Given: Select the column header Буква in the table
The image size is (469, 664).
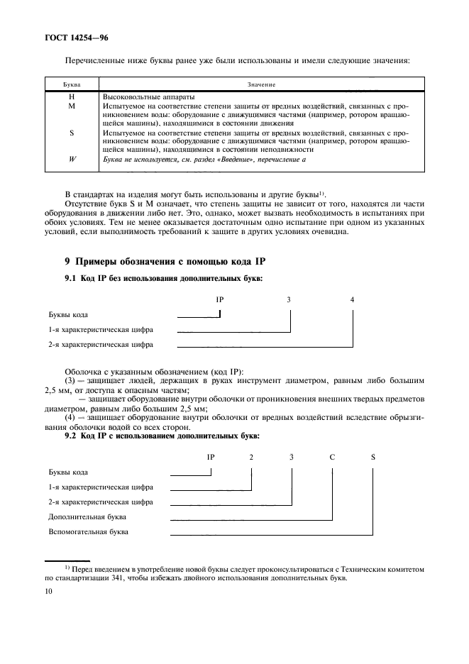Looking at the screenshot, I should click(x=72, y=84).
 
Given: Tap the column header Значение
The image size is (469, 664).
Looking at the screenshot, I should click(x=260, y=84).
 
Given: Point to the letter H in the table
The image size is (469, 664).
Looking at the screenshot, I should click(x=72, y=96).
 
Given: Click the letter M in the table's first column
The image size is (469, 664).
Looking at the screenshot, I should click(x=72, y=105).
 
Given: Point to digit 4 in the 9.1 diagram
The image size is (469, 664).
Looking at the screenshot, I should click(x=353, y=299).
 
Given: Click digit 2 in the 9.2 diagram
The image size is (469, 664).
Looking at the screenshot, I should click(x=251, y=456).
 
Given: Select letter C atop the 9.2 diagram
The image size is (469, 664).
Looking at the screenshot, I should click(x=331, y=456).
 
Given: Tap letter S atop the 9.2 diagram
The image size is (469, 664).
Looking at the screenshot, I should click(x=373, y=456).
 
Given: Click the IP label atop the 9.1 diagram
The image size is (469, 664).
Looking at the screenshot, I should click(x=220, y=299).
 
